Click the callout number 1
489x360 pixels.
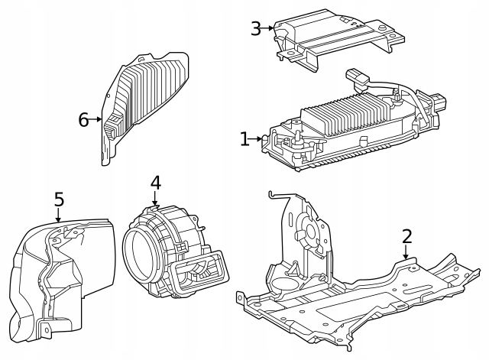pyautogui.click(x=244, y=139)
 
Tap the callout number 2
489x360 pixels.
pyautogui.click(x=406, y=236)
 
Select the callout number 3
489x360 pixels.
pyautogui.click(x=256, y=29)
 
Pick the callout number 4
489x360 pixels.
pyautogui.click(x=155, y=183)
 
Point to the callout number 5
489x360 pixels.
pyautogui.click(x=59, y=199)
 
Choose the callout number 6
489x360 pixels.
pyautogui.click(x=83, y=119)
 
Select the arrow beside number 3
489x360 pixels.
pyautogui.click(x=270, y=29)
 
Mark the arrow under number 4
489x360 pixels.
pyautogui.click(x=155, y=199)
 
